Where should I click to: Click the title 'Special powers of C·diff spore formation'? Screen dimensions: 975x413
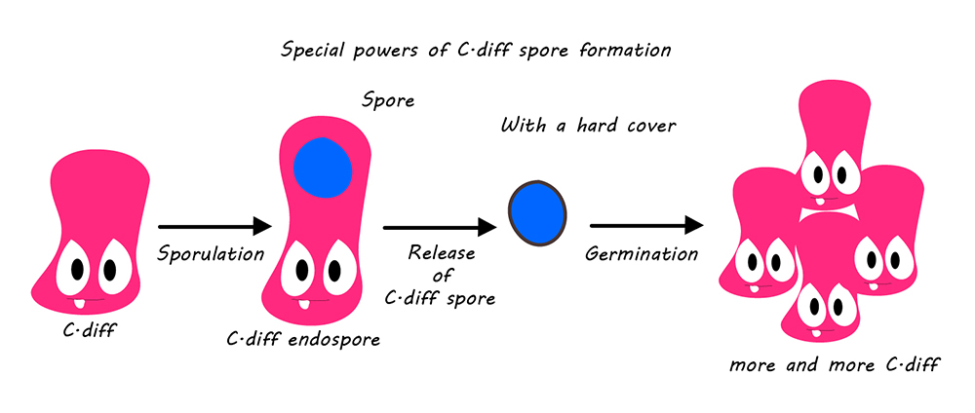coord(476,51)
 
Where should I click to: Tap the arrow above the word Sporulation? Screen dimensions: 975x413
coord(215,227)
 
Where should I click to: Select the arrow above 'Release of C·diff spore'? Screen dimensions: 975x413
coord(441,227)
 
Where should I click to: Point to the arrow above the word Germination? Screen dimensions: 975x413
coord(646,227)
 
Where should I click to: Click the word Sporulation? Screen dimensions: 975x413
coord(211,254)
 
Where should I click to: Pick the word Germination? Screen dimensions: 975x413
coord(642,254)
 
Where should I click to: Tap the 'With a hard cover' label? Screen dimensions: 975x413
coord(588,126)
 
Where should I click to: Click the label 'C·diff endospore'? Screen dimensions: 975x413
coord(303,340)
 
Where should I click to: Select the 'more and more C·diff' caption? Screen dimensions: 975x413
coord(834,364)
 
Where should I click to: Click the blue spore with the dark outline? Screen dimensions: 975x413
coord(537,211)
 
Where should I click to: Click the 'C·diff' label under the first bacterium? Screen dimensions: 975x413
coord(89,330)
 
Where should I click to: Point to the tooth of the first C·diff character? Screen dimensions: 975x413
coord(80,303)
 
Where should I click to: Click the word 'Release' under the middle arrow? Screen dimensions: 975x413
coord(441,253)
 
